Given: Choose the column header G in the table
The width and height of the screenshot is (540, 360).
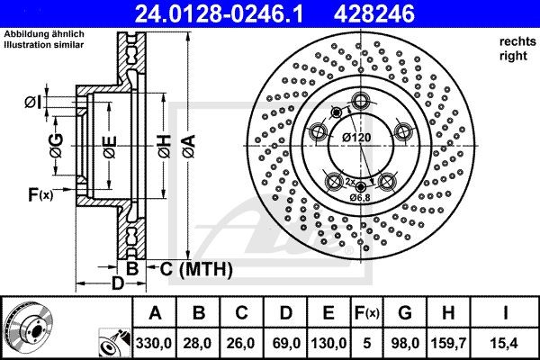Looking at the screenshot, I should point(405,313).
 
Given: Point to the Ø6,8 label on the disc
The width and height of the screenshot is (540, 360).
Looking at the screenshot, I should point(360,198).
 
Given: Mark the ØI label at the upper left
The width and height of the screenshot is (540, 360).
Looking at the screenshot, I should point(32,102).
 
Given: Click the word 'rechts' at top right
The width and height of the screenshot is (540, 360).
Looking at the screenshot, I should point(514,41).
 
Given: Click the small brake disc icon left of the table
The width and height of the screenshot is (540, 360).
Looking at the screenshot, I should point(27,328).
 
